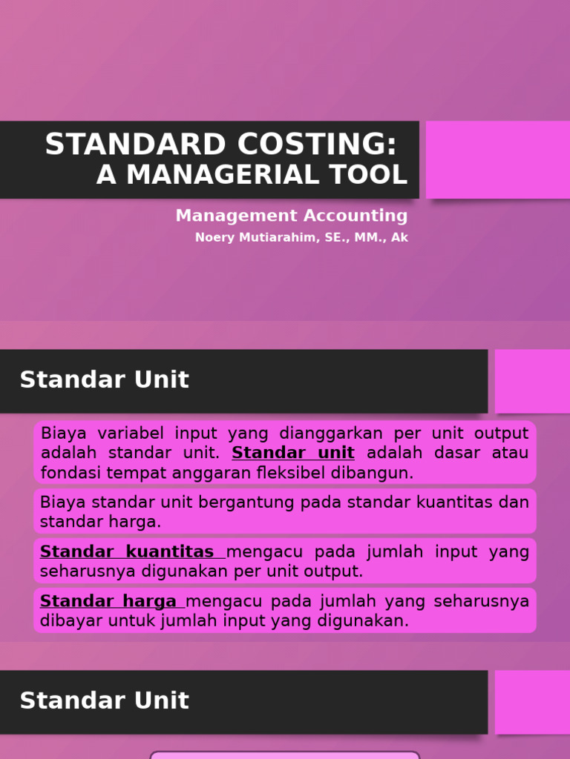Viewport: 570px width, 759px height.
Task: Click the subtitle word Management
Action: (230, 216)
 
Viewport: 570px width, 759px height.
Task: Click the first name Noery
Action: (212, 238)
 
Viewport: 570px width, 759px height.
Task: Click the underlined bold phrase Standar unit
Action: (293, 453)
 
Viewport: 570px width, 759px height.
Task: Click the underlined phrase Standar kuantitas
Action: (127, 552)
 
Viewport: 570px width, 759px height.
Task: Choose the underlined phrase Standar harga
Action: (108, 601)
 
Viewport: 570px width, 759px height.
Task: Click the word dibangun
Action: (377, 473)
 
